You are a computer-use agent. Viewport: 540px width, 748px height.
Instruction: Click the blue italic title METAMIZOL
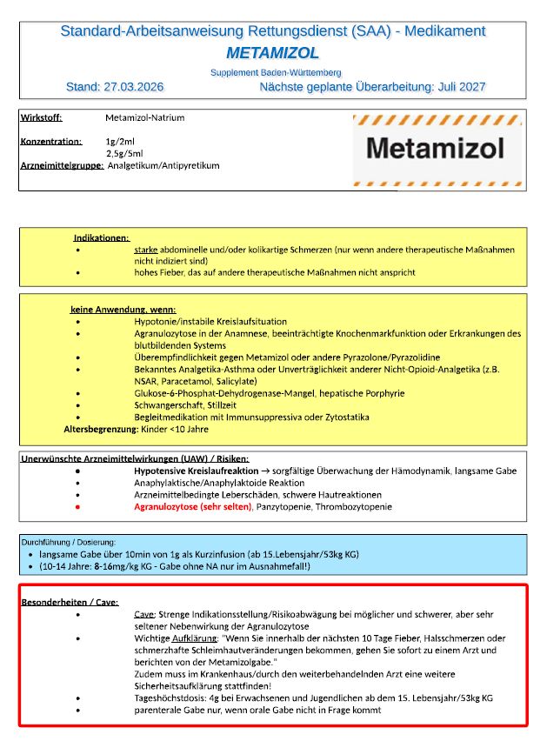tap(272, 53)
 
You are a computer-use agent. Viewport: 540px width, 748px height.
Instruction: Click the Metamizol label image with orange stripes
tap(436, 148)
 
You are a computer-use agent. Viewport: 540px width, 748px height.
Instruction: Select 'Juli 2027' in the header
tap(458, 87)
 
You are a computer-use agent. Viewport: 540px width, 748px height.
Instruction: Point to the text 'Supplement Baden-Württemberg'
tap(276, 72)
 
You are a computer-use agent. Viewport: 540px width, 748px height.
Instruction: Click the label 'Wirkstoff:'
tap(47, 118)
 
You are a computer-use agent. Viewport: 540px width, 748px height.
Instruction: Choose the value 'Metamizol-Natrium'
tap(144, 118)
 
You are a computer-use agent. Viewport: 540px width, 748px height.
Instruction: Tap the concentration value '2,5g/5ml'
tap(124, 153)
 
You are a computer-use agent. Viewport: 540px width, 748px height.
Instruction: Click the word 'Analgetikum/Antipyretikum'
tap(163, 165)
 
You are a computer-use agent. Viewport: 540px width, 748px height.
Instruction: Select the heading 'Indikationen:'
tap(102, 237)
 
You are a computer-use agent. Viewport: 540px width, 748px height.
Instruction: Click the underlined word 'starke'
tap(146, 249)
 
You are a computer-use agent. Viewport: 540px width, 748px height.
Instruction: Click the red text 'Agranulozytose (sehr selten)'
tap(192, 506)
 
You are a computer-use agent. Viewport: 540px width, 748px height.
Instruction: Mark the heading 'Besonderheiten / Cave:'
tap(70, 602)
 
